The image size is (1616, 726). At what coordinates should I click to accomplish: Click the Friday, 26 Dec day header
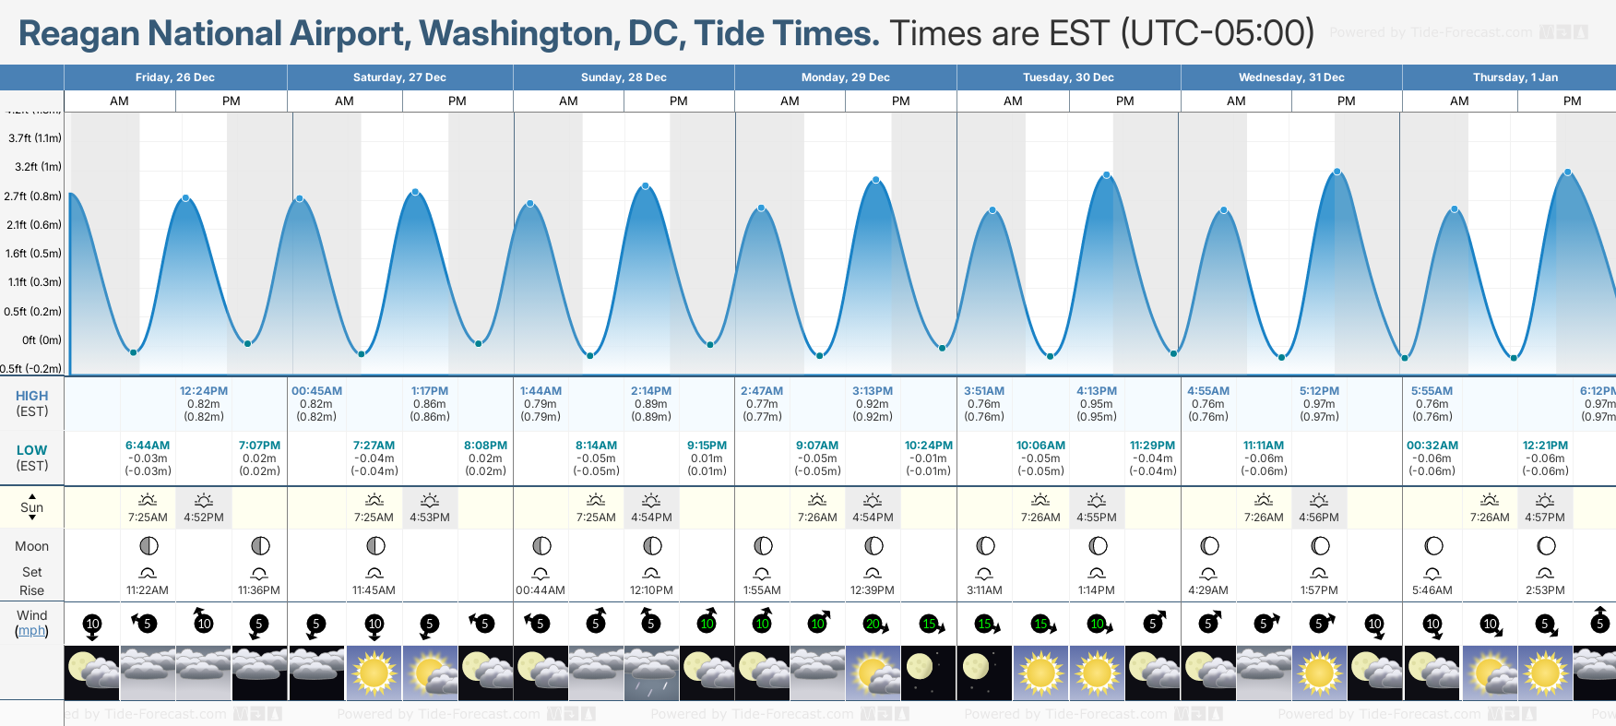pos(175,77)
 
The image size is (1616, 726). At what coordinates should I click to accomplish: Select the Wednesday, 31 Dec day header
pos(1291,77)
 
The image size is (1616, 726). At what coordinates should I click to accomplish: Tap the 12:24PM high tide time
pos(204,391)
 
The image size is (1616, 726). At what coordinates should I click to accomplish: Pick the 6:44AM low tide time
pos(148,446)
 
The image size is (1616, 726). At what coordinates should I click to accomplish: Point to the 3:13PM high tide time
pos(873,391)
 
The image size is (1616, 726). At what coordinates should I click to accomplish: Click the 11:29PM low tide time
pos(1152,446)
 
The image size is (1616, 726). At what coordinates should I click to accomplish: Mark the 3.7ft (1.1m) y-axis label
pos(35,138)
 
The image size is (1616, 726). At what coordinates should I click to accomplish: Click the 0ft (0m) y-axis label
pos(42,340)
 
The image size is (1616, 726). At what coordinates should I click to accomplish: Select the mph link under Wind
pos(31,631)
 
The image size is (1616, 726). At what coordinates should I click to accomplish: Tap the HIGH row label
pos(31,396)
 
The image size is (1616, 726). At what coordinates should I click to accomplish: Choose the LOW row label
pos(31,450)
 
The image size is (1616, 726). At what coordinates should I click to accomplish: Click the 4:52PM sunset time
pos(204,518)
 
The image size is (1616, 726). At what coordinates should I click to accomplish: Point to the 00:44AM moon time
pos(541,590)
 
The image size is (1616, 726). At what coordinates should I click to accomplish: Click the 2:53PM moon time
pos(1545,590)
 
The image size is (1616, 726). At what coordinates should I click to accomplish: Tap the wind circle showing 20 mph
pos(873,625)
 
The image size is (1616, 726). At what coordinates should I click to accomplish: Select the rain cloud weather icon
pos(651,673)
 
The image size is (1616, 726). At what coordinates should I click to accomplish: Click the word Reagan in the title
pos(80,34)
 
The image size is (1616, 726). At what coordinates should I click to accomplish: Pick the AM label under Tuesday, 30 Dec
pos(1013,101)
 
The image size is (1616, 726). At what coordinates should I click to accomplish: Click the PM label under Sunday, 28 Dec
pos(679,101)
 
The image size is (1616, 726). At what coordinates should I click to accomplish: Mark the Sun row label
pos(31,507)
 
